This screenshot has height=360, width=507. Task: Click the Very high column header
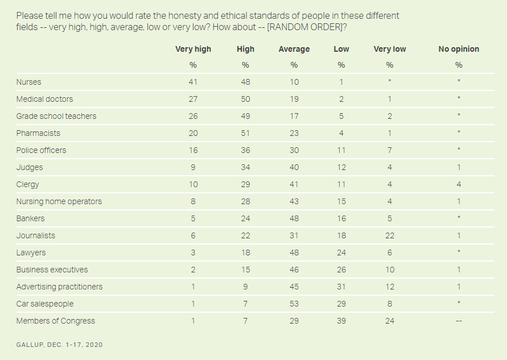tap(193, 49)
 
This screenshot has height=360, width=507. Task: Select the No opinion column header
tap(459, 49)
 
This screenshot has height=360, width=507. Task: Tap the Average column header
tap(294, 49)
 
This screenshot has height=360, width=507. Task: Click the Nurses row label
tap(28, 82)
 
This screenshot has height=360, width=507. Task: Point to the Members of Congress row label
tap(55, 321)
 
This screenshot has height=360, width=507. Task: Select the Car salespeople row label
tap(44, 304)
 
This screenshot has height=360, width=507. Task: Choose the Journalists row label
tap(35, 235)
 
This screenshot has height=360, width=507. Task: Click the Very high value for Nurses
tap(193, 82)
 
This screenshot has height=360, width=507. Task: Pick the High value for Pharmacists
tap(246, 133)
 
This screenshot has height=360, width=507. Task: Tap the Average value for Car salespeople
tap(294, 304)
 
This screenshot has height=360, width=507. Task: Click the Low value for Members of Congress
tap(341, 321)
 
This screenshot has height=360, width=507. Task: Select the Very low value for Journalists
tap(390, 235)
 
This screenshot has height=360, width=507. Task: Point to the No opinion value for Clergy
tap(459, 184)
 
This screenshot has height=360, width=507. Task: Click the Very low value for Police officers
tap(390, 150)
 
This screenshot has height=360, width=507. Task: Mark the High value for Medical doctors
tap(246, 99)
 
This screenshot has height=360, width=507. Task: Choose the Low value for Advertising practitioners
tap(341, 287)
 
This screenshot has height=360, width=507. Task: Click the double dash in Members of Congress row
tap(459, 321)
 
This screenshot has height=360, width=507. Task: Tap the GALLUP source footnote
tap(59, 345)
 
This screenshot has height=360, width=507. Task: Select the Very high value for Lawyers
tap(193, 253)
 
